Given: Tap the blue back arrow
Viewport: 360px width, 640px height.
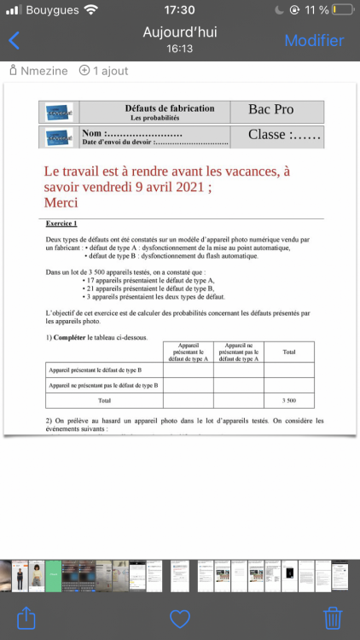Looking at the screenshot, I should (x=14, y=40).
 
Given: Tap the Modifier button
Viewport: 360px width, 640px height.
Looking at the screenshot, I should (x=314, y=40).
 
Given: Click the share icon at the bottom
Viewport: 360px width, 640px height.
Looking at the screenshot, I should (x=26, y=617).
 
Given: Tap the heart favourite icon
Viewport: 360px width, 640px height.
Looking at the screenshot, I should (x=180, y=618).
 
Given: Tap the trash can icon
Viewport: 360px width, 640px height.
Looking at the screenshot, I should (x=333, y=617).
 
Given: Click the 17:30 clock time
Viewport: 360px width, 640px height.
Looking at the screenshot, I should (x=179, y=10).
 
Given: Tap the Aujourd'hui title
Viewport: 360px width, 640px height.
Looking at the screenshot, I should (x=179, y=32).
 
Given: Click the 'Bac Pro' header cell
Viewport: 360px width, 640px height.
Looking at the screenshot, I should (x=270, y=110).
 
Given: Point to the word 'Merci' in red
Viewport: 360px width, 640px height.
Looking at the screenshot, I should (x=61, y=203).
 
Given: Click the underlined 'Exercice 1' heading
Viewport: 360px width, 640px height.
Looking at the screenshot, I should (x=61, y=224).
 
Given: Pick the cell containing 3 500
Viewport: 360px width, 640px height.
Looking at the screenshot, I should (x=289, y=399).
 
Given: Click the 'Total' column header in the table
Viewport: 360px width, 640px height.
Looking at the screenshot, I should (x=289, y=352).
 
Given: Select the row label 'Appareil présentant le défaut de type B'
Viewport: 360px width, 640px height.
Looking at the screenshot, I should (x=96, y=370).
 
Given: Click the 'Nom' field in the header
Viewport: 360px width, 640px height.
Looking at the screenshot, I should (x=132, y=134).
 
